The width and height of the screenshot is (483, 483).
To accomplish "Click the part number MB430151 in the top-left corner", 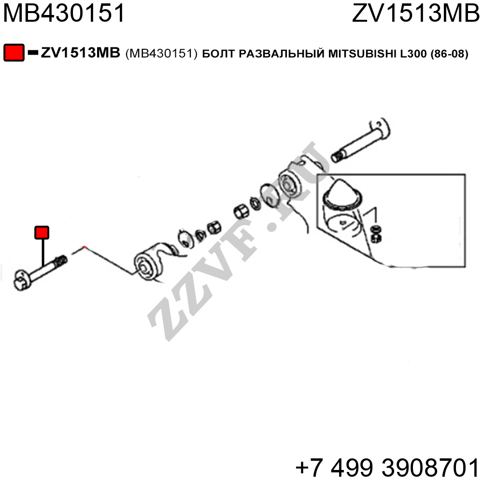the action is click(64, 13).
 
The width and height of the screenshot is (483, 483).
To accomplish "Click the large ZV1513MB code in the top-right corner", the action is click(415, 13).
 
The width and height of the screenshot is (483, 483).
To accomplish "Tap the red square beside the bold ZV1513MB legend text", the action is click(14, 53).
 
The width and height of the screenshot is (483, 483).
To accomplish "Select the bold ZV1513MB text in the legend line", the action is click(80, 53).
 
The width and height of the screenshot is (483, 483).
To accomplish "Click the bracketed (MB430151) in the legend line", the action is click(161, 54).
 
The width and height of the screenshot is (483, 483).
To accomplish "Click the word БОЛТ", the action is click(219, 54).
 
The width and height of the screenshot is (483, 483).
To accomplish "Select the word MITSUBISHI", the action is click(362, 54).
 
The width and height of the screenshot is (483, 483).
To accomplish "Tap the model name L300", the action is click(413, 54).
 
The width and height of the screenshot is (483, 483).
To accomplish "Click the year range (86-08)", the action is click(449, 54).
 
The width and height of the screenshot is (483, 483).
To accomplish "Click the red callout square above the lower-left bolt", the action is click(42, 232).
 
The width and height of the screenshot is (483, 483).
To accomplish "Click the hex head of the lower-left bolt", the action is click(22, 280).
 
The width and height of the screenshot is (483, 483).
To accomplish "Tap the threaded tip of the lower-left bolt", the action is click(61, 262).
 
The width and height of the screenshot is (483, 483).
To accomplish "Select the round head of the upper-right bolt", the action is click(380, 128).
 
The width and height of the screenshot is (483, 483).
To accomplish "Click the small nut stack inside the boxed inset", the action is click(376, 234).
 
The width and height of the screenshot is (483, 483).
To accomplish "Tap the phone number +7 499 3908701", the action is click(387, 467).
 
